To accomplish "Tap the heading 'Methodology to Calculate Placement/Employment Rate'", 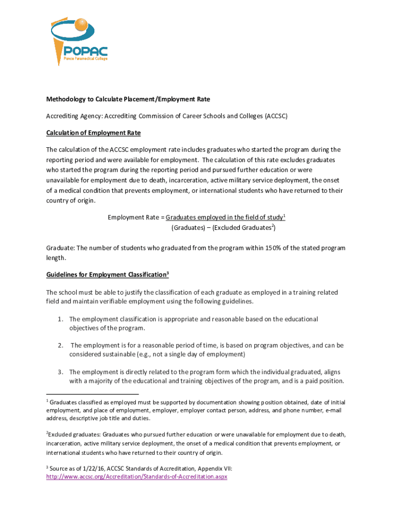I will pyautogui.click(x=128, y=99).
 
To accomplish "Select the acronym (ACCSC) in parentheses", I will pyautogui.click(x=277, y=116).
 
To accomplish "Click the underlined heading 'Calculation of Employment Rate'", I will pyautogui.click(x=93, y=133).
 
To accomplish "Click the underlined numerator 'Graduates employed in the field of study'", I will pyautogui.click(x=224, y=218).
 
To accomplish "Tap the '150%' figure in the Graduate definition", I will pyautogui.click(x=266, y=248).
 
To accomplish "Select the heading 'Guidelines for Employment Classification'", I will pyautogui.click(x=106, y=275).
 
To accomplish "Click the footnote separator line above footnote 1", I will pyautogui.click(x=92, y=394).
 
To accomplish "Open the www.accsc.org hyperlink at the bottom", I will pyautogui.click(x=136, y=477).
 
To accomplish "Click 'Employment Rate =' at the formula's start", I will pyautogui.click(x=136, y=218).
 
